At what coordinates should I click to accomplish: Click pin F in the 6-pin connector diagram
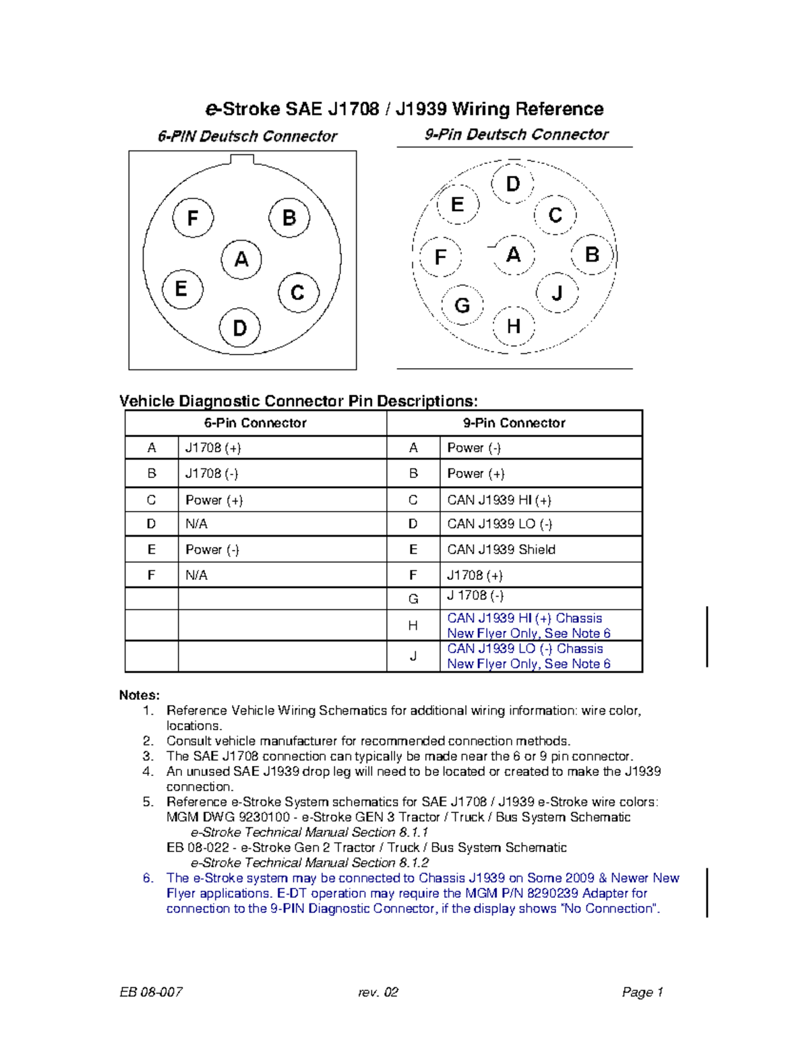click(x=193, y=218)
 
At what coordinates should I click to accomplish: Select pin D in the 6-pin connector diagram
click(x=240, y=328)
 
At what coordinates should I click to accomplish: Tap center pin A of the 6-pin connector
click(x=241, y=260)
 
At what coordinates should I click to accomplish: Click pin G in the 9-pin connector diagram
click(x=462, y=305)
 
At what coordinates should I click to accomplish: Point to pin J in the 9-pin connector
click(x=557, y=293)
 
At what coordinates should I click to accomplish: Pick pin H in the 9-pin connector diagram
click(x=514, y=327)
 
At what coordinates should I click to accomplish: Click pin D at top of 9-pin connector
click(x=513, y=184)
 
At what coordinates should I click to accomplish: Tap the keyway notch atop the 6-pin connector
click(x=242, y=160)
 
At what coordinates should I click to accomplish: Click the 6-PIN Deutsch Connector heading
click(x=247, y=136)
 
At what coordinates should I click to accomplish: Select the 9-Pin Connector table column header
click(x=514, y=423)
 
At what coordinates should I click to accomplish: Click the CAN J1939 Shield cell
click(x=501, y=549)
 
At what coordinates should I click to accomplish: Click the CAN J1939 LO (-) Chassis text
click(x=525, y=649)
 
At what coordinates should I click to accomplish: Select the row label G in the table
click(x=413, y=599)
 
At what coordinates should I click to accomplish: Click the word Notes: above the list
click(x=140, y=695)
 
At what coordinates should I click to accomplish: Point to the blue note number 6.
click(x=148, y=878)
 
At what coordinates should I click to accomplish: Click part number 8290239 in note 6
click(x=552, y=893)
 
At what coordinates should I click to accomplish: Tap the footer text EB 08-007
click(x=151, y=992)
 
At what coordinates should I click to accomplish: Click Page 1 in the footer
click(x=642, y=992)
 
